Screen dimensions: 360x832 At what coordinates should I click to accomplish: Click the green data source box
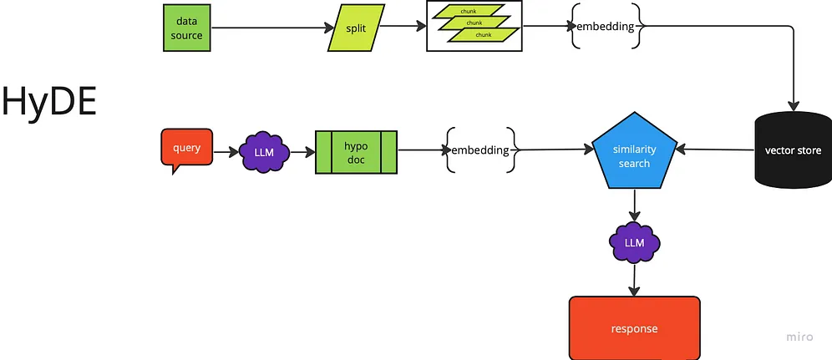point(183,28)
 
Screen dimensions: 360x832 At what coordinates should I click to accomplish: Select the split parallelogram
point(356,28)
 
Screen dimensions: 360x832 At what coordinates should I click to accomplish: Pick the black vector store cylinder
point(793,150)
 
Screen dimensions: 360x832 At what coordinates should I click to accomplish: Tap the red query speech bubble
point(186,149)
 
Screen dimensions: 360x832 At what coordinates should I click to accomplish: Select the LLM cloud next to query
point(264,152)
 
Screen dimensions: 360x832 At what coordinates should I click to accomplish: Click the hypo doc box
point(356,151)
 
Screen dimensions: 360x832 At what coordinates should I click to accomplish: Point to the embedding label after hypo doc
point(479,150)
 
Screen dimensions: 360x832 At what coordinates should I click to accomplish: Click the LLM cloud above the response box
point(634,243)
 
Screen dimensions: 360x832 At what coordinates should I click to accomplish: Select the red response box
point(634,327)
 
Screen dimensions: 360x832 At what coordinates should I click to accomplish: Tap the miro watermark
point(799,337)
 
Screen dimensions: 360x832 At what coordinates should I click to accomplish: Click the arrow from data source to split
point(267,28)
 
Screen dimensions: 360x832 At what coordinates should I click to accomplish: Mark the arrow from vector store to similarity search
point(714,150)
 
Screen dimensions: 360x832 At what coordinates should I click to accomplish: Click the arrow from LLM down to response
point(634,279)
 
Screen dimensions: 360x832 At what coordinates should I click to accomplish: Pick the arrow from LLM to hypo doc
point(302,152)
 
